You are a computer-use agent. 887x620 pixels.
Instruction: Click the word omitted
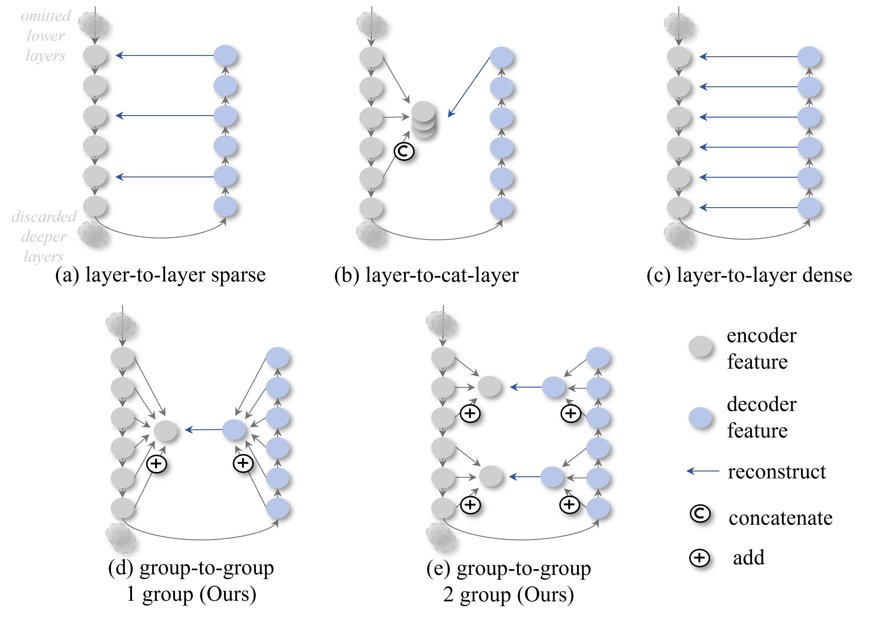coord(46,16)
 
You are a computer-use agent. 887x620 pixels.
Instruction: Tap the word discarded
coord(44,217)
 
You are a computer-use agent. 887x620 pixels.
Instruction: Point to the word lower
coord(46,36)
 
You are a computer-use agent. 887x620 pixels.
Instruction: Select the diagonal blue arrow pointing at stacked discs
coord(469,87)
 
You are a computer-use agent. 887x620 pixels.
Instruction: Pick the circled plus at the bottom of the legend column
coord(699,558)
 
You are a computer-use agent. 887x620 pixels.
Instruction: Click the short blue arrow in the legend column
coord(703,471)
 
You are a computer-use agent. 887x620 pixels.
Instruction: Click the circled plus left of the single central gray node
coord(156,464)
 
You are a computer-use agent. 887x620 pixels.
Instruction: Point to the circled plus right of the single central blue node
coord(243,463)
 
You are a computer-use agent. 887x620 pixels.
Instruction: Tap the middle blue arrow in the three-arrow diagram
coord(165,115)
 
